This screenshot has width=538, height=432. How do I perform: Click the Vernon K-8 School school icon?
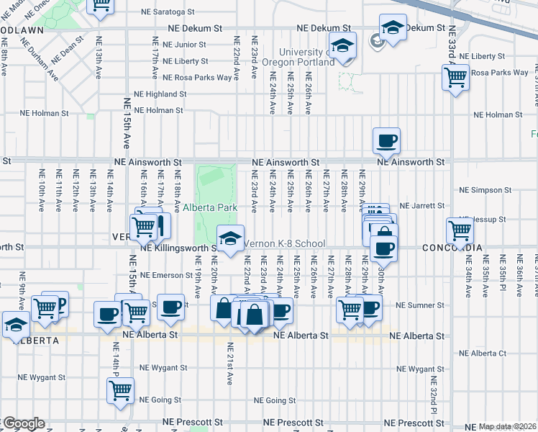click(x=229, y=238)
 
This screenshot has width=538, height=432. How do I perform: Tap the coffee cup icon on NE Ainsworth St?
click(x=386, y=140)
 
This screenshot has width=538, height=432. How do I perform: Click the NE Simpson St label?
click(x=485, y=190)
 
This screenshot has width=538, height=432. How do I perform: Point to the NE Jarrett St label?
click(x=423, y=206)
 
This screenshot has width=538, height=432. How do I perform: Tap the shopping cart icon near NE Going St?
click(x=120, y=391)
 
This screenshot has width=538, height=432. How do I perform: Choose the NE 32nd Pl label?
click(x=434, y=397)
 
